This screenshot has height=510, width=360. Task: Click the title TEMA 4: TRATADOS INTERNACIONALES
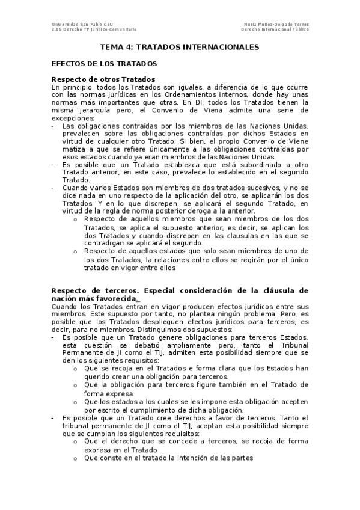(x=180, y=46)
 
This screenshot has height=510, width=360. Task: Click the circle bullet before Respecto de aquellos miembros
(x=75, y=219)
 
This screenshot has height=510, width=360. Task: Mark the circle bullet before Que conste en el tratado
(x=75, y=458)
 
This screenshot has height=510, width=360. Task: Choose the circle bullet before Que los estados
(x=75, y=401)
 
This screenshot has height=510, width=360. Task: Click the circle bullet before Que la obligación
(x=75, y=385)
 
